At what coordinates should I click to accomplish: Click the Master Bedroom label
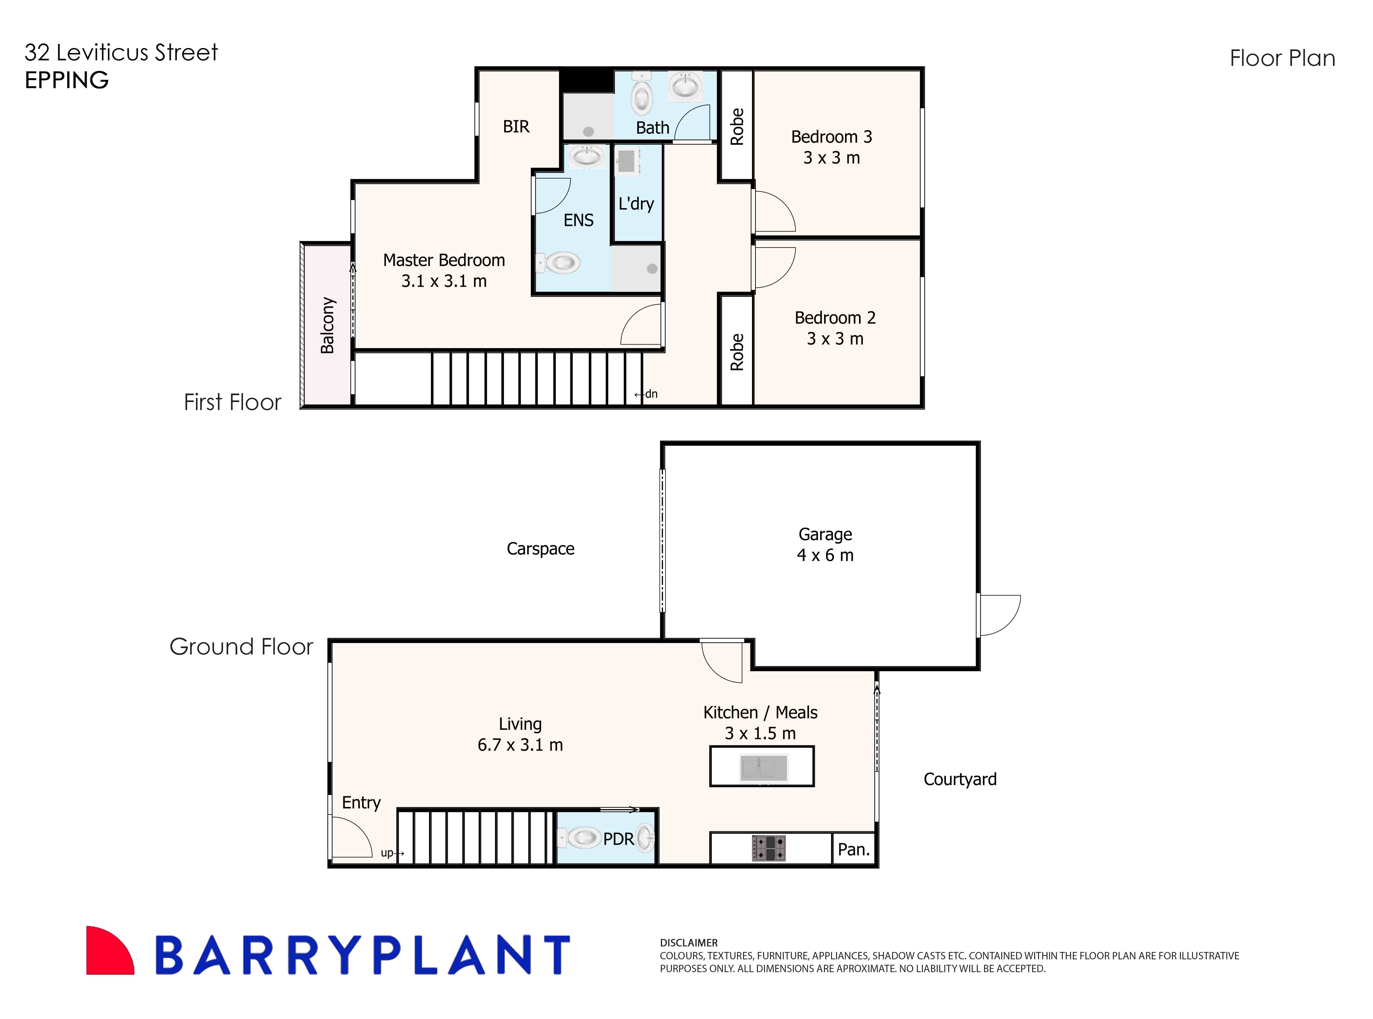pos(444,260)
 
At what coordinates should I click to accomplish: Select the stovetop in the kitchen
pos(768,848)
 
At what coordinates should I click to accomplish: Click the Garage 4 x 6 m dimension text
pos(825,555)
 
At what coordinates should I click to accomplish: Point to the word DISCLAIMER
pos(689,943)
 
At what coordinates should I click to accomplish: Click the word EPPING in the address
pos(67,80)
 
